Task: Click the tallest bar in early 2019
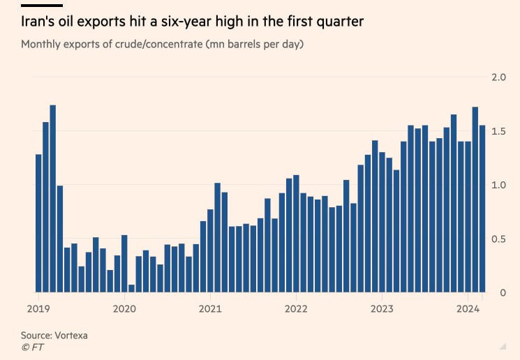53,199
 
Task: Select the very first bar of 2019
38,223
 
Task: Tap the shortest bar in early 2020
132,288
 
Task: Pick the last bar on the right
482,209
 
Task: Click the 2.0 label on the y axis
497,77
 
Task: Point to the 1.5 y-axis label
497,131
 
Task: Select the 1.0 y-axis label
497,185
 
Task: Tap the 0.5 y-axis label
497,239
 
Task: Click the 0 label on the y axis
502,293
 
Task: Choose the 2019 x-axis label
38,308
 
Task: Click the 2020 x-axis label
124,308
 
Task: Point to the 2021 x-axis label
210,308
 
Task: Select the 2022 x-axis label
296,308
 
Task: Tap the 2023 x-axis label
382,308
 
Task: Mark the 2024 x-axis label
468,308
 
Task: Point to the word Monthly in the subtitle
41,45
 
